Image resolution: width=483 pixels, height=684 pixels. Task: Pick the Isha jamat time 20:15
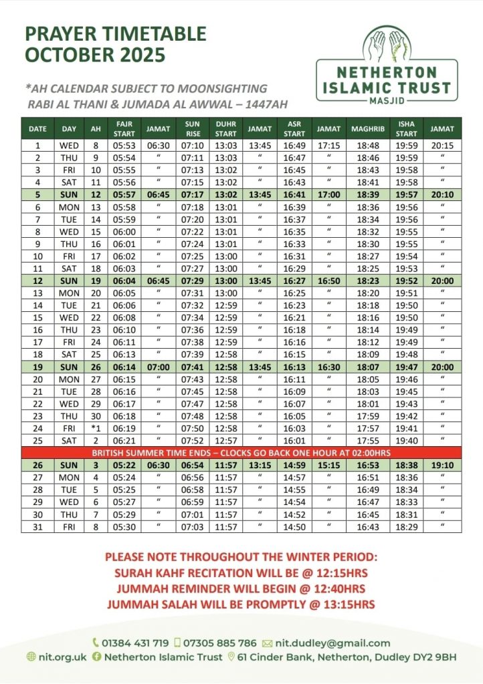click(x=442, y=146)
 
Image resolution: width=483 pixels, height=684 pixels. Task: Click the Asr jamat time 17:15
click(x=328, y=146)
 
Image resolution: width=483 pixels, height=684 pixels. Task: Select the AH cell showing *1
click(x=96, y=428)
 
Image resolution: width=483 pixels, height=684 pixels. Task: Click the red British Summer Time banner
click(x=241, y=452)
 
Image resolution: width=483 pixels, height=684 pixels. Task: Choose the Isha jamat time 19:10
click(x=442, y=464)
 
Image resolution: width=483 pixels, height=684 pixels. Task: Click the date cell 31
click(x=37, y=527)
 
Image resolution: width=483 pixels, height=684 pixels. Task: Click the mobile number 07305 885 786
click(x=221, y=643)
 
